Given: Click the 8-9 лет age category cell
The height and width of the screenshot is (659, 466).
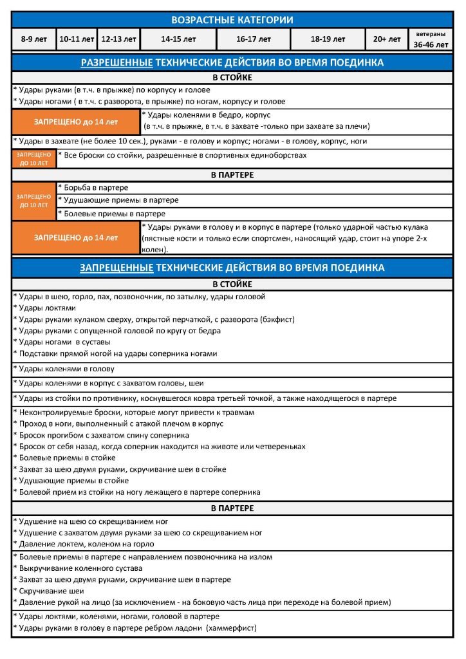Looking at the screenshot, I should pos(33,39).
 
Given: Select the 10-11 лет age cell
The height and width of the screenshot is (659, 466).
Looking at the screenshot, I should pos(77,39).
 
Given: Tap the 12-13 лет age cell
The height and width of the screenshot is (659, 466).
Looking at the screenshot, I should pos(118,39).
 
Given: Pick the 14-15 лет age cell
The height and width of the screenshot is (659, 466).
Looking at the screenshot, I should pos(178,39).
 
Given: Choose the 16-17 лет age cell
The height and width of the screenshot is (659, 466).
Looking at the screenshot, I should pos(254,39).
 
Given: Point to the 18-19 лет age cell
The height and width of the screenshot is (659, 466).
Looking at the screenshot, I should pos(328,39).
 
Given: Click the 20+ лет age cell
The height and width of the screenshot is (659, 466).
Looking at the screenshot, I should pos(387,39).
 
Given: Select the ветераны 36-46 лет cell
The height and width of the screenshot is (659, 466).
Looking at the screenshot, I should pos(431,39).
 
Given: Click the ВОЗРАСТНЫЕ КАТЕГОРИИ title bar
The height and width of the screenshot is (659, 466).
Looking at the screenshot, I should pos(232,20).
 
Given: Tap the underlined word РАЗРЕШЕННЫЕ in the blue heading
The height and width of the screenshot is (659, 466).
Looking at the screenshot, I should pos(116,63).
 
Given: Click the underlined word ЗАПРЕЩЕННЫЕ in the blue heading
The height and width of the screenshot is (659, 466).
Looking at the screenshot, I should pos(116,267).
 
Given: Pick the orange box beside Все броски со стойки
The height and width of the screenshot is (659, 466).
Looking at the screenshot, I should pos(34,159).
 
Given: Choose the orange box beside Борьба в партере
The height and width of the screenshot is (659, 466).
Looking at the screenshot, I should pos(34,201).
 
